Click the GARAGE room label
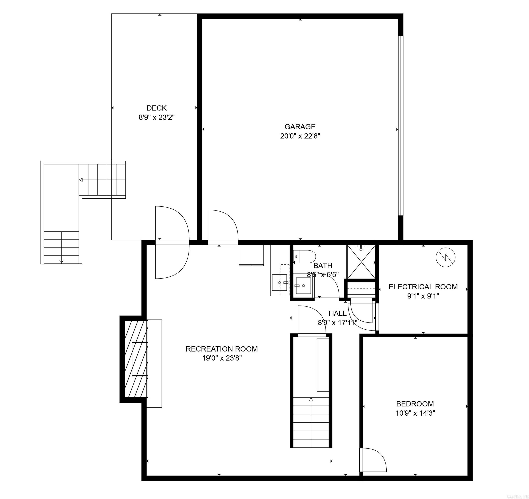(x=300, y=127)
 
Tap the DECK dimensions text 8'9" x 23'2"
(x=156, y=117)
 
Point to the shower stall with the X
(x=361, y=262)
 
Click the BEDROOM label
(x=415, y=404)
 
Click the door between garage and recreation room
(x=223, y=227)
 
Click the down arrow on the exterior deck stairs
(x=62, y=261)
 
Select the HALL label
(x=337, y=313)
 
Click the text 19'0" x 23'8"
(x=222, y=358)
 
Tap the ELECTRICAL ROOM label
(x=423, y=287)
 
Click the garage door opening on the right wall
(x=400, y=125)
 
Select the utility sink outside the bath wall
(x=280, y=282)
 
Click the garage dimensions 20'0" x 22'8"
(x=300, y=136)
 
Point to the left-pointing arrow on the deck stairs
(x=81, y=180)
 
